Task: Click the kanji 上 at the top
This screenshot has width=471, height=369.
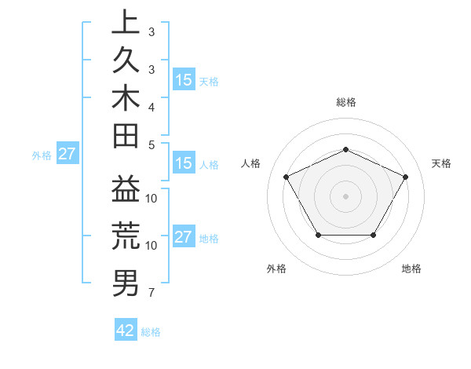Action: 126,24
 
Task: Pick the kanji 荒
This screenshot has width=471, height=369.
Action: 126,237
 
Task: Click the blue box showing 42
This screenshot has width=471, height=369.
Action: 126,331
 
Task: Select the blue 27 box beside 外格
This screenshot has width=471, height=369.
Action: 68,154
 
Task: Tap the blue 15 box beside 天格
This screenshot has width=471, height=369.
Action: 184,80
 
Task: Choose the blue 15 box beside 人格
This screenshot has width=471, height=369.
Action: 184,164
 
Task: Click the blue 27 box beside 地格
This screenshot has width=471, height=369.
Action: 184,237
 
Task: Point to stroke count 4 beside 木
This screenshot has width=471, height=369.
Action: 152,107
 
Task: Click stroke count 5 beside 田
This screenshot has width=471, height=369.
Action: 152,144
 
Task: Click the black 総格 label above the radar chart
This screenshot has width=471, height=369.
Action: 345,102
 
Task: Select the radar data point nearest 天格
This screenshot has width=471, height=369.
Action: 405,177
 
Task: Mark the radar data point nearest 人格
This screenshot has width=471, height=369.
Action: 286,177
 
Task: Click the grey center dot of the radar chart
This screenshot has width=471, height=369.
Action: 345,195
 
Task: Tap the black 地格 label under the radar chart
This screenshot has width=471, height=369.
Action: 411,269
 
